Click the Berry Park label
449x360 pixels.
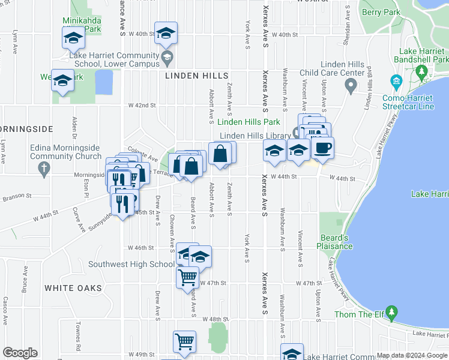point(381,12)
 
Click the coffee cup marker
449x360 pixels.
point(322,148)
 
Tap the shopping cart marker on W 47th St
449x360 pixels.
point(188,277)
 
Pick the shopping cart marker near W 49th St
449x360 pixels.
point(185,341)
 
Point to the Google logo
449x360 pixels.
point(20,353)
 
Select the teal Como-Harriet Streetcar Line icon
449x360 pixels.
point(396,81)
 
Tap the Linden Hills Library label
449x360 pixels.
point(255,136)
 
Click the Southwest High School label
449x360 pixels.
point(131,264)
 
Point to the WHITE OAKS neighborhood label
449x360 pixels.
point(73,288)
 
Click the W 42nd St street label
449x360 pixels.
point(141,105)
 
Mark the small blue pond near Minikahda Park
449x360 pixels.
point(103,82)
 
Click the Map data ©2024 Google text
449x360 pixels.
point(412,355)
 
